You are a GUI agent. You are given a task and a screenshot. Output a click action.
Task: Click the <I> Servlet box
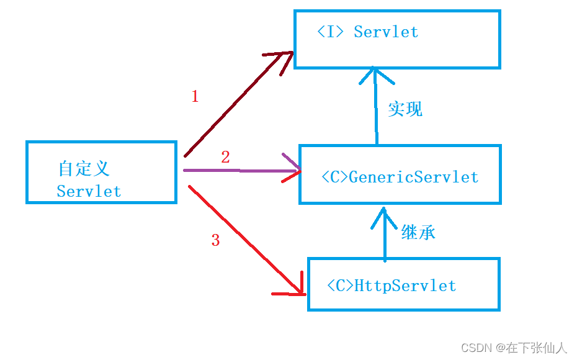(397, 38)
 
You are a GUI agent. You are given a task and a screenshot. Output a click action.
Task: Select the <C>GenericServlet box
(400, 174)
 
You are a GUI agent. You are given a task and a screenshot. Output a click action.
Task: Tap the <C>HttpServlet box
(404, 285)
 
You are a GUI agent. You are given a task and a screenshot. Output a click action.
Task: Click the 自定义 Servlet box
(101, 172)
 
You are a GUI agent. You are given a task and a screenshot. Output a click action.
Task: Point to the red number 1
(195, 96)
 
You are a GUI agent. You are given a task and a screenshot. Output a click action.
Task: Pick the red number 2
(225, 158)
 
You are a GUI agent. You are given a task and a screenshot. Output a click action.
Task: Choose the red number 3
(215, 241)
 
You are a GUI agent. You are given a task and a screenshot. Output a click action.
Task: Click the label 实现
(405, 109)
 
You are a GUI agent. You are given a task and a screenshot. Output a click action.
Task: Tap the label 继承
(418, 233)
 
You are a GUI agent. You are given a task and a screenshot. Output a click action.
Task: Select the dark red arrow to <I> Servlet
(236, 102)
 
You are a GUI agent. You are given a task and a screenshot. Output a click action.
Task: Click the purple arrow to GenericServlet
(242, 170)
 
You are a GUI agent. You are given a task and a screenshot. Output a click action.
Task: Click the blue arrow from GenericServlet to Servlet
(375, 106)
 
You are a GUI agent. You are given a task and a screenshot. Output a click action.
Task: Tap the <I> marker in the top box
(330, 32)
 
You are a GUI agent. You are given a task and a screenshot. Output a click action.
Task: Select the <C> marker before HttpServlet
(341, 286)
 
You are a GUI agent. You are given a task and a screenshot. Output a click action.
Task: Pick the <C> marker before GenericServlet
(335, 177)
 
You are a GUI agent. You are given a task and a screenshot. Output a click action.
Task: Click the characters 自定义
(84, 168)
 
